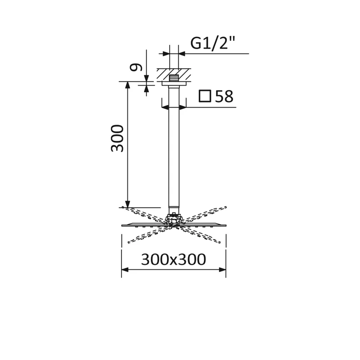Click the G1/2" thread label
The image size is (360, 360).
tap(213, 43)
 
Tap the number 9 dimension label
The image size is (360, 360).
tap(136, 67)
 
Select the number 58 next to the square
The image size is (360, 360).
tap(224, 96)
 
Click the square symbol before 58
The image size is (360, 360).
tap(205, 96)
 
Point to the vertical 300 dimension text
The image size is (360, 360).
tap(117, 138)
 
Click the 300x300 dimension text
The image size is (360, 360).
tap(173, 260)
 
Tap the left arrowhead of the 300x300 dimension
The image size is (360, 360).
tap(125, 270)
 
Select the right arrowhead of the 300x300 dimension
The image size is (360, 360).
tap(222, 270)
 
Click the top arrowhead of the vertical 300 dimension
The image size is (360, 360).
tap(128, 85)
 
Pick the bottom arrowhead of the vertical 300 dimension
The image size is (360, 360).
tap(128, 204)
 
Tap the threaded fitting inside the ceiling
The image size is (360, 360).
tap(174, 77)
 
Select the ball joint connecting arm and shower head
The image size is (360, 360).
tap(174, 219)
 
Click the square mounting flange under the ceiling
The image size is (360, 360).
tap(174, 83)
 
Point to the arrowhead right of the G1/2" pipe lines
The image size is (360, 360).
tap(182, 54)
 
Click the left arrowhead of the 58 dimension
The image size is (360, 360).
tap(165, 108)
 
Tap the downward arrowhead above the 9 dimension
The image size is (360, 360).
tap(146, 79)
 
